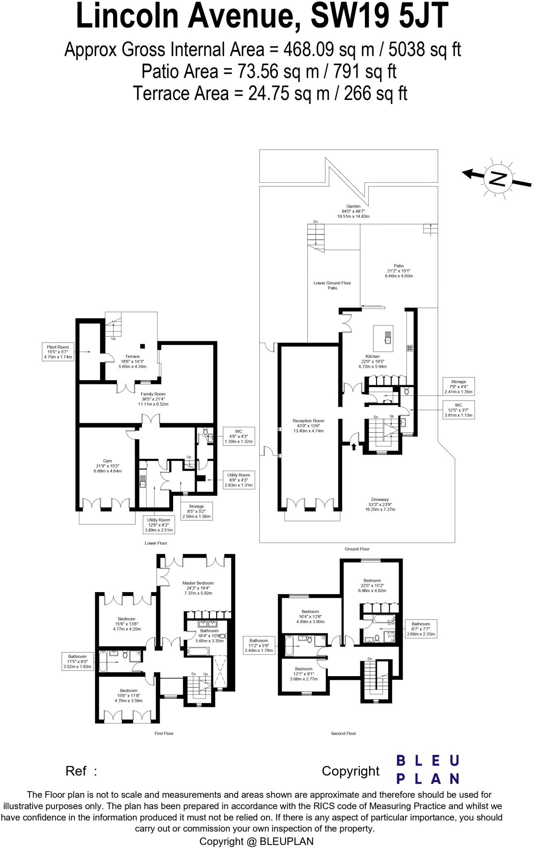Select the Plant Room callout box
[x=58, y=352]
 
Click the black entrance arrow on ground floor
[x=354, y=446]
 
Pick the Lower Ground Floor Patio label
[x=332, y=285]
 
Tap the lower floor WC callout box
[x=238, y=436]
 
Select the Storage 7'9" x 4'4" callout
[x=458, y=386]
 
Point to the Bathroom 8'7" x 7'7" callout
[x=420, y=629]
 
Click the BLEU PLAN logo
[x=428, y=769]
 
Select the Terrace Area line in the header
[x=270, y=93]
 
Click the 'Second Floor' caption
[x=343, y=733]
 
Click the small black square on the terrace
[x=142, y=346]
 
